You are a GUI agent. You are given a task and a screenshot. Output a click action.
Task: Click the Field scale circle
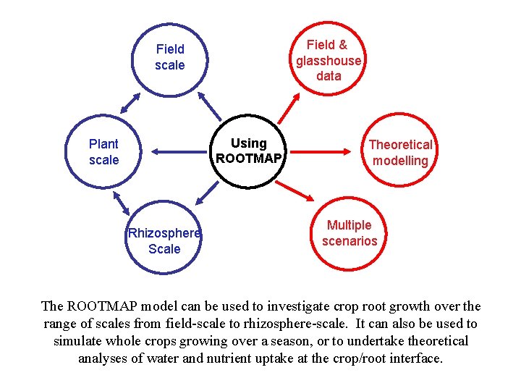[x=170, y=58]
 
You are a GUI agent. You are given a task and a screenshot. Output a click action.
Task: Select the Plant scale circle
[x=103, y=152]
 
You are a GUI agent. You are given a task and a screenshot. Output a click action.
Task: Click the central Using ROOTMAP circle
[x=248, y=151]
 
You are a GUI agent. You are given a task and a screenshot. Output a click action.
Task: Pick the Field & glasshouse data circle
[x=329, y=60]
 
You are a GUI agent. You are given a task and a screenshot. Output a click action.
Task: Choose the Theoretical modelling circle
[x=400, y=153]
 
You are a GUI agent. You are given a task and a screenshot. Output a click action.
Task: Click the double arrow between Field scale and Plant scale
[x=130, y=101]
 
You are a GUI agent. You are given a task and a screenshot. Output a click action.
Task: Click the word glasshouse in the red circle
[x=329, y=61]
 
